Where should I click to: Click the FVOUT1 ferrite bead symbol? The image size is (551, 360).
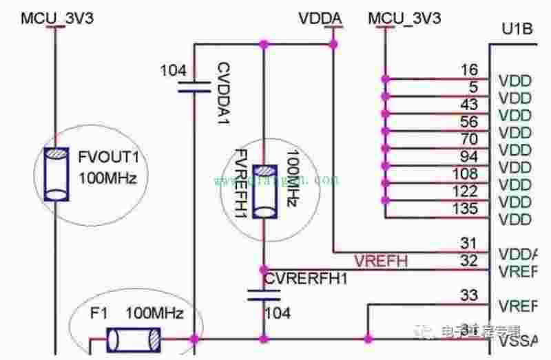(x=55, y=173)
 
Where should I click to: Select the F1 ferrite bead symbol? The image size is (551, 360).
(x=134, y=338)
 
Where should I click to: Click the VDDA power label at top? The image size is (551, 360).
(x=318, y=19)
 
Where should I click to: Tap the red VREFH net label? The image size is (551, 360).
(x=381, y=261)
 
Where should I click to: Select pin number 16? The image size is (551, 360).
(x=469, y=70)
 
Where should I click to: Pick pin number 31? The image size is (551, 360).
(x=469, y=242)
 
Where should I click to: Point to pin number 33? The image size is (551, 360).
(x=469, y=296)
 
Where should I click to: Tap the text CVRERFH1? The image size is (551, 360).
(x=306, y=279)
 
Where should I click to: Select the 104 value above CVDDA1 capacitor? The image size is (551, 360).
(x=172, y=70)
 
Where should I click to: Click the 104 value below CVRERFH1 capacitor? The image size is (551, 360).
(x=277, y=313)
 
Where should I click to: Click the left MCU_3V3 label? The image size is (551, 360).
(x=56, y=19)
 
